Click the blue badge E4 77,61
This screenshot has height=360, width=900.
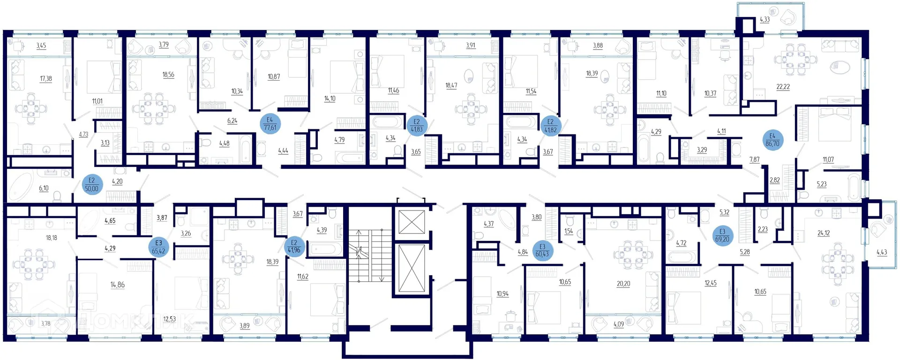pos(270,124)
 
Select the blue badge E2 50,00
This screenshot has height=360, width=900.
pos(92,185)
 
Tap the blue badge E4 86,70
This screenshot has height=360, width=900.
pos(772,140)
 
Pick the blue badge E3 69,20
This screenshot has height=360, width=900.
pos(722,235)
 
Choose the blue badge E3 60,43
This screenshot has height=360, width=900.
pos(542,250)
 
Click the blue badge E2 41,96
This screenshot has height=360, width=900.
pos(294,247)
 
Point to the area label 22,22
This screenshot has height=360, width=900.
pos(783,87)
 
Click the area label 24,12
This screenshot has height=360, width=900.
pos(823,233)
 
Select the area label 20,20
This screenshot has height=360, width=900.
pos(623,284)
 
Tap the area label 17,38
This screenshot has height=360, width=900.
pos(46,79)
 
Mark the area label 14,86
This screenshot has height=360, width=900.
pos(117,285)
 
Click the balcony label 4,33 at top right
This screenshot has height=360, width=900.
pos(765,20)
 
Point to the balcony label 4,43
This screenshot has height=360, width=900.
pos(882,252)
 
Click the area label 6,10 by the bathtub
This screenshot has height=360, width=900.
pos(44,188)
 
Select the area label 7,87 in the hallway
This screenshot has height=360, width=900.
pos(754,160)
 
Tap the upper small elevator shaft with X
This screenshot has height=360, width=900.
pos(411,222)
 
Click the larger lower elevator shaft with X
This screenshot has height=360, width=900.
pos(411,268)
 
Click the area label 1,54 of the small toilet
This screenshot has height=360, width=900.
pos(569,231)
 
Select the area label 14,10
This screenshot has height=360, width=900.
pos(330,98)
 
